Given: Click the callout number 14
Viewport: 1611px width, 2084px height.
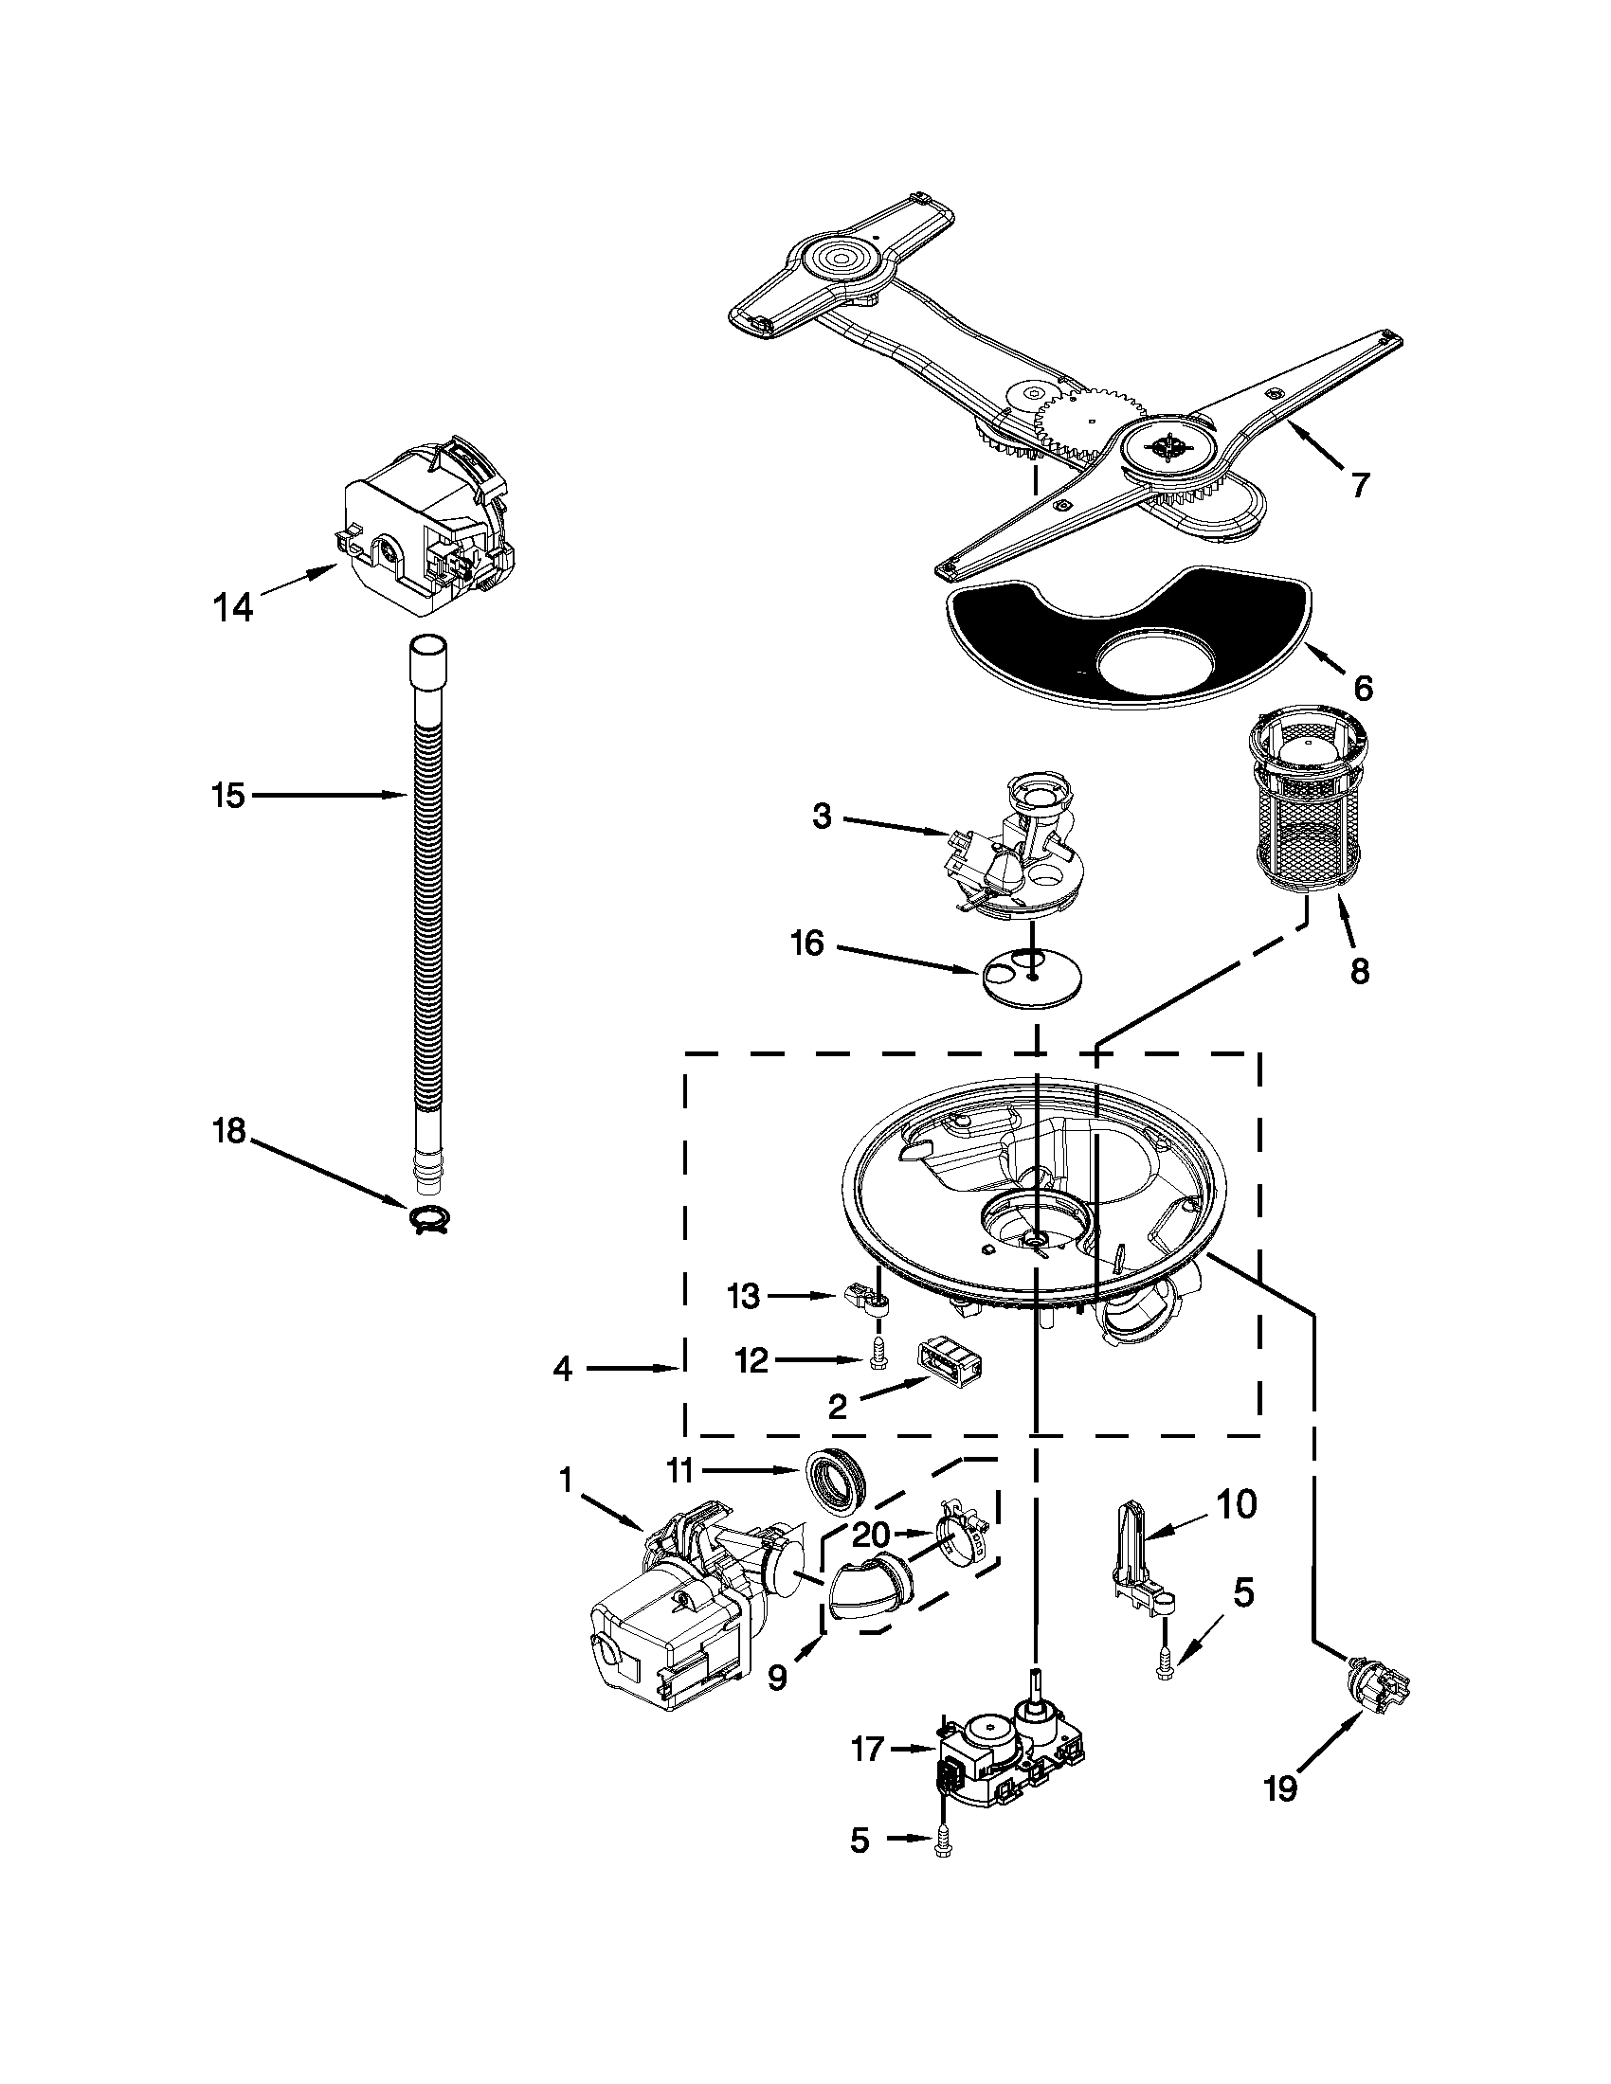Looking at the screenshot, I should tap(233, 607).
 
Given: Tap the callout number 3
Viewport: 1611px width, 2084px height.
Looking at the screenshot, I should tap(822, 816).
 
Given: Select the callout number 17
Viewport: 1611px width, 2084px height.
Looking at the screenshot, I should tap(867, 1750).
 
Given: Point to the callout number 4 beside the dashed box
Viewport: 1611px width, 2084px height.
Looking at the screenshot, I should tap(562, 1370).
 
